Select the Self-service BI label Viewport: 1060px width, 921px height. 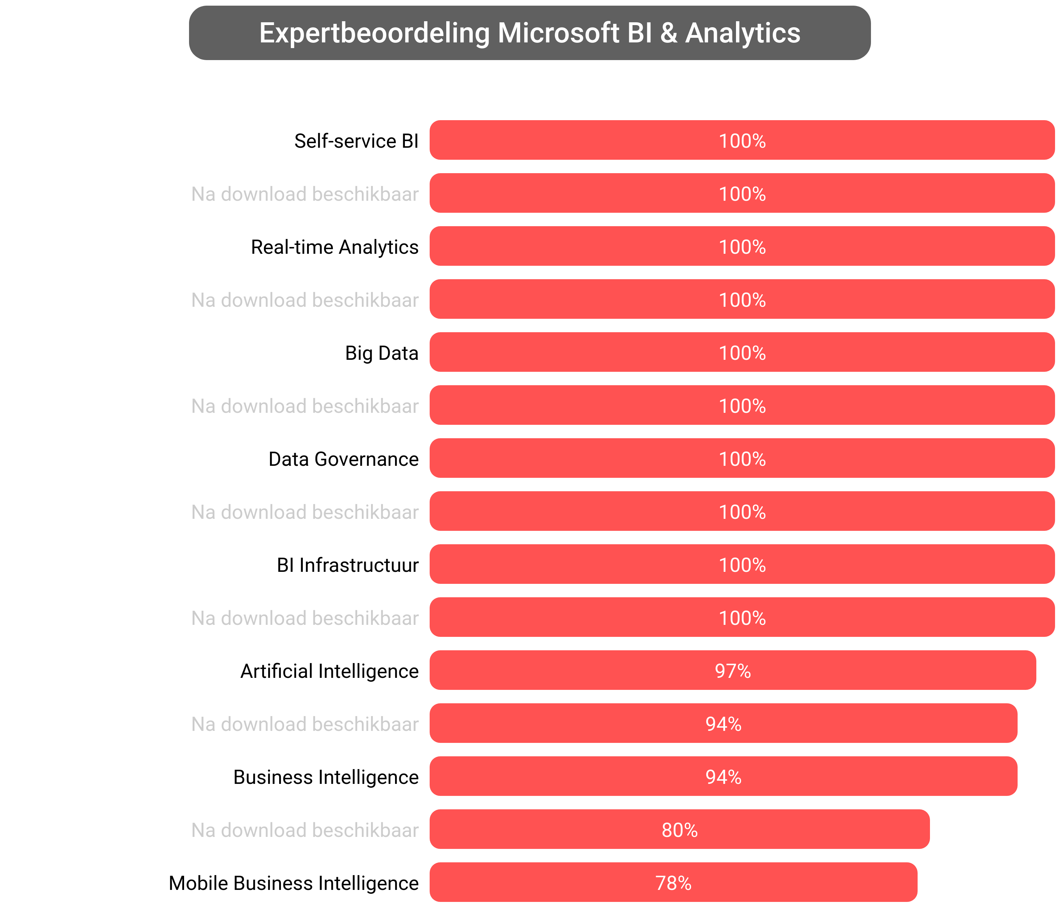[x=356, y=141]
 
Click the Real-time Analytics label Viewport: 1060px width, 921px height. [x=335, y=247]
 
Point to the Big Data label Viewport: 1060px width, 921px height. [x=381, y=353]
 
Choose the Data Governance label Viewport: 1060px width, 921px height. [x=343, y=459]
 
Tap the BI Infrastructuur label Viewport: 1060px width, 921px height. [x=347, y=565]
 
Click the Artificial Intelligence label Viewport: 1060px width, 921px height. [x=329, y=671]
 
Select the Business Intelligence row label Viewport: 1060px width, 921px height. [x=326, y=777]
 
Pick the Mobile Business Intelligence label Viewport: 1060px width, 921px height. [x=293, y=883]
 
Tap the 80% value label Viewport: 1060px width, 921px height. [x=679, y=830]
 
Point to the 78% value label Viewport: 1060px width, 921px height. [x=673, y=883]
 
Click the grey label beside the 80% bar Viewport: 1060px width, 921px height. [x=305, y=830]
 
